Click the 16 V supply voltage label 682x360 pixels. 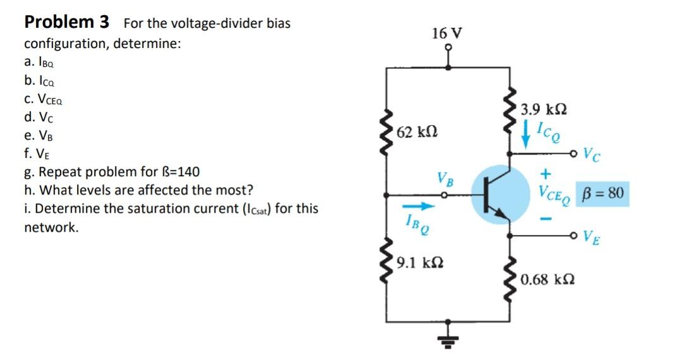pos(446,33)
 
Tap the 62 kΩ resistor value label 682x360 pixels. pos(415,132)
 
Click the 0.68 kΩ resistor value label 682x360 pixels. pos(547,278)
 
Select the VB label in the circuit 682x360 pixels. pos(445,179)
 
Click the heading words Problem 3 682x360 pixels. pos(66,22)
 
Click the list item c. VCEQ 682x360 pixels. pos(43,99)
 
